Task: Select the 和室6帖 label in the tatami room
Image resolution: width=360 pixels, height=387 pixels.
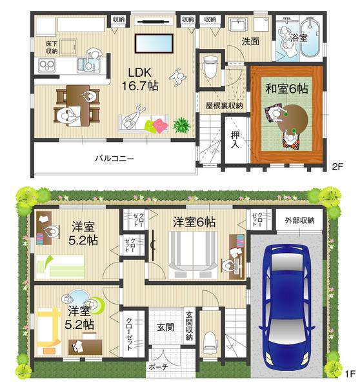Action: [285, 89]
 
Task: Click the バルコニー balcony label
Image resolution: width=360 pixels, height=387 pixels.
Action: [114, 158]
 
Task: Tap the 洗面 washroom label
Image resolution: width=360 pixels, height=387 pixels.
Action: [250, 41]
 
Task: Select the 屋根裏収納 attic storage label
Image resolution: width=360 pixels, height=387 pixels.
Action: [224, 105]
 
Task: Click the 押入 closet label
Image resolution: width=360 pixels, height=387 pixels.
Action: [235, 139]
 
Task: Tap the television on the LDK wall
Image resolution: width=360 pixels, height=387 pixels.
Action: [154, 43]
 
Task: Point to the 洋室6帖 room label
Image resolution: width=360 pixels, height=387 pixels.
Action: [194, 222]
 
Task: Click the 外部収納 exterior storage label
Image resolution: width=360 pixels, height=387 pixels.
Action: [299, 221]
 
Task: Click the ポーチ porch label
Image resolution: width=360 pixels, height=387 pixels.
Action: [157, 367]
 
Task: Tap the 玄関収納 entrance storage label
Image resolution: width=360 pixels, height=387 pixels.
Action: [190, 326]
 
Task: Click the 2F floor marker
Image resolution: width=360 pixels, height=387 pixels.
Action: [337, 167]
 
